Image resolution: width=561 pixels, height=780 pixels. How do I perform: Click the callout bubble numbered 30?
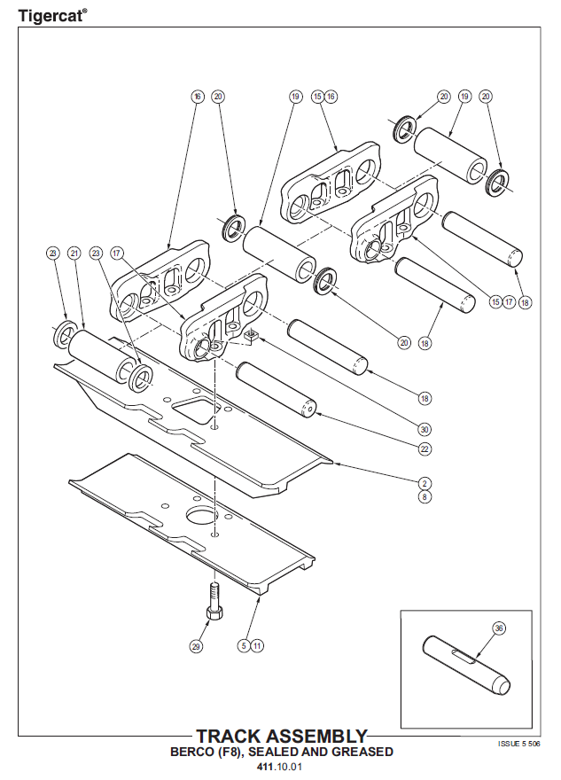point(425,429)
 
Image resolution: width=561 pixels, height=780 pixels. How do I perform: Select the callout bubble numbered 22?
point(425,449)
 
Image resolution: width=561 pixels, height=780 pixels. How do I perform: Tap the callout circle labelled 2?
point(425,483)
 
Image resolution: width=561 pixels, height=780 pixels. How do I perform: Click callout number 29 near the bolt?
point(196,646)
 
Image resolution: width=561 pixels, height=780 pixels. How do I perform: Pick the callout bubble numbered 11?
point(256,645)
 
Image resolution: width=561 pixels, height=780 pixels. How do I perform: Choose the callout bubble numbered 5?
point(242,645)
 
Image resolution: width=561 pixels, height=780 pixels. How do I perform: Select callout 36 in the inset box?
point(499,628)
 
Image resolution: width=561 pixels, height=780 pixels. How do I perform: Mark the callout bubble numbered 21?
point(74,253)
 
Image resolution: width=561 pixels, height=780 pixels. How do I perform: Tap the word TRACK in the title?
point(230,737)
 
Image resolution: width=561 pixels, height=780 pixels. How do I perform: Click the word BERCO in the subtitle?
point(193,752)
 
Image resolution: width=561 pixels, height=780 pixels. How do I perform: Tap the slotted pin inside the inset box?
point(464,665)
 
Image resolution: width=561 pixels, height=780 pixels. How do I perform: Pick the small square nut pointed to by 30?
point(251,335)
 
